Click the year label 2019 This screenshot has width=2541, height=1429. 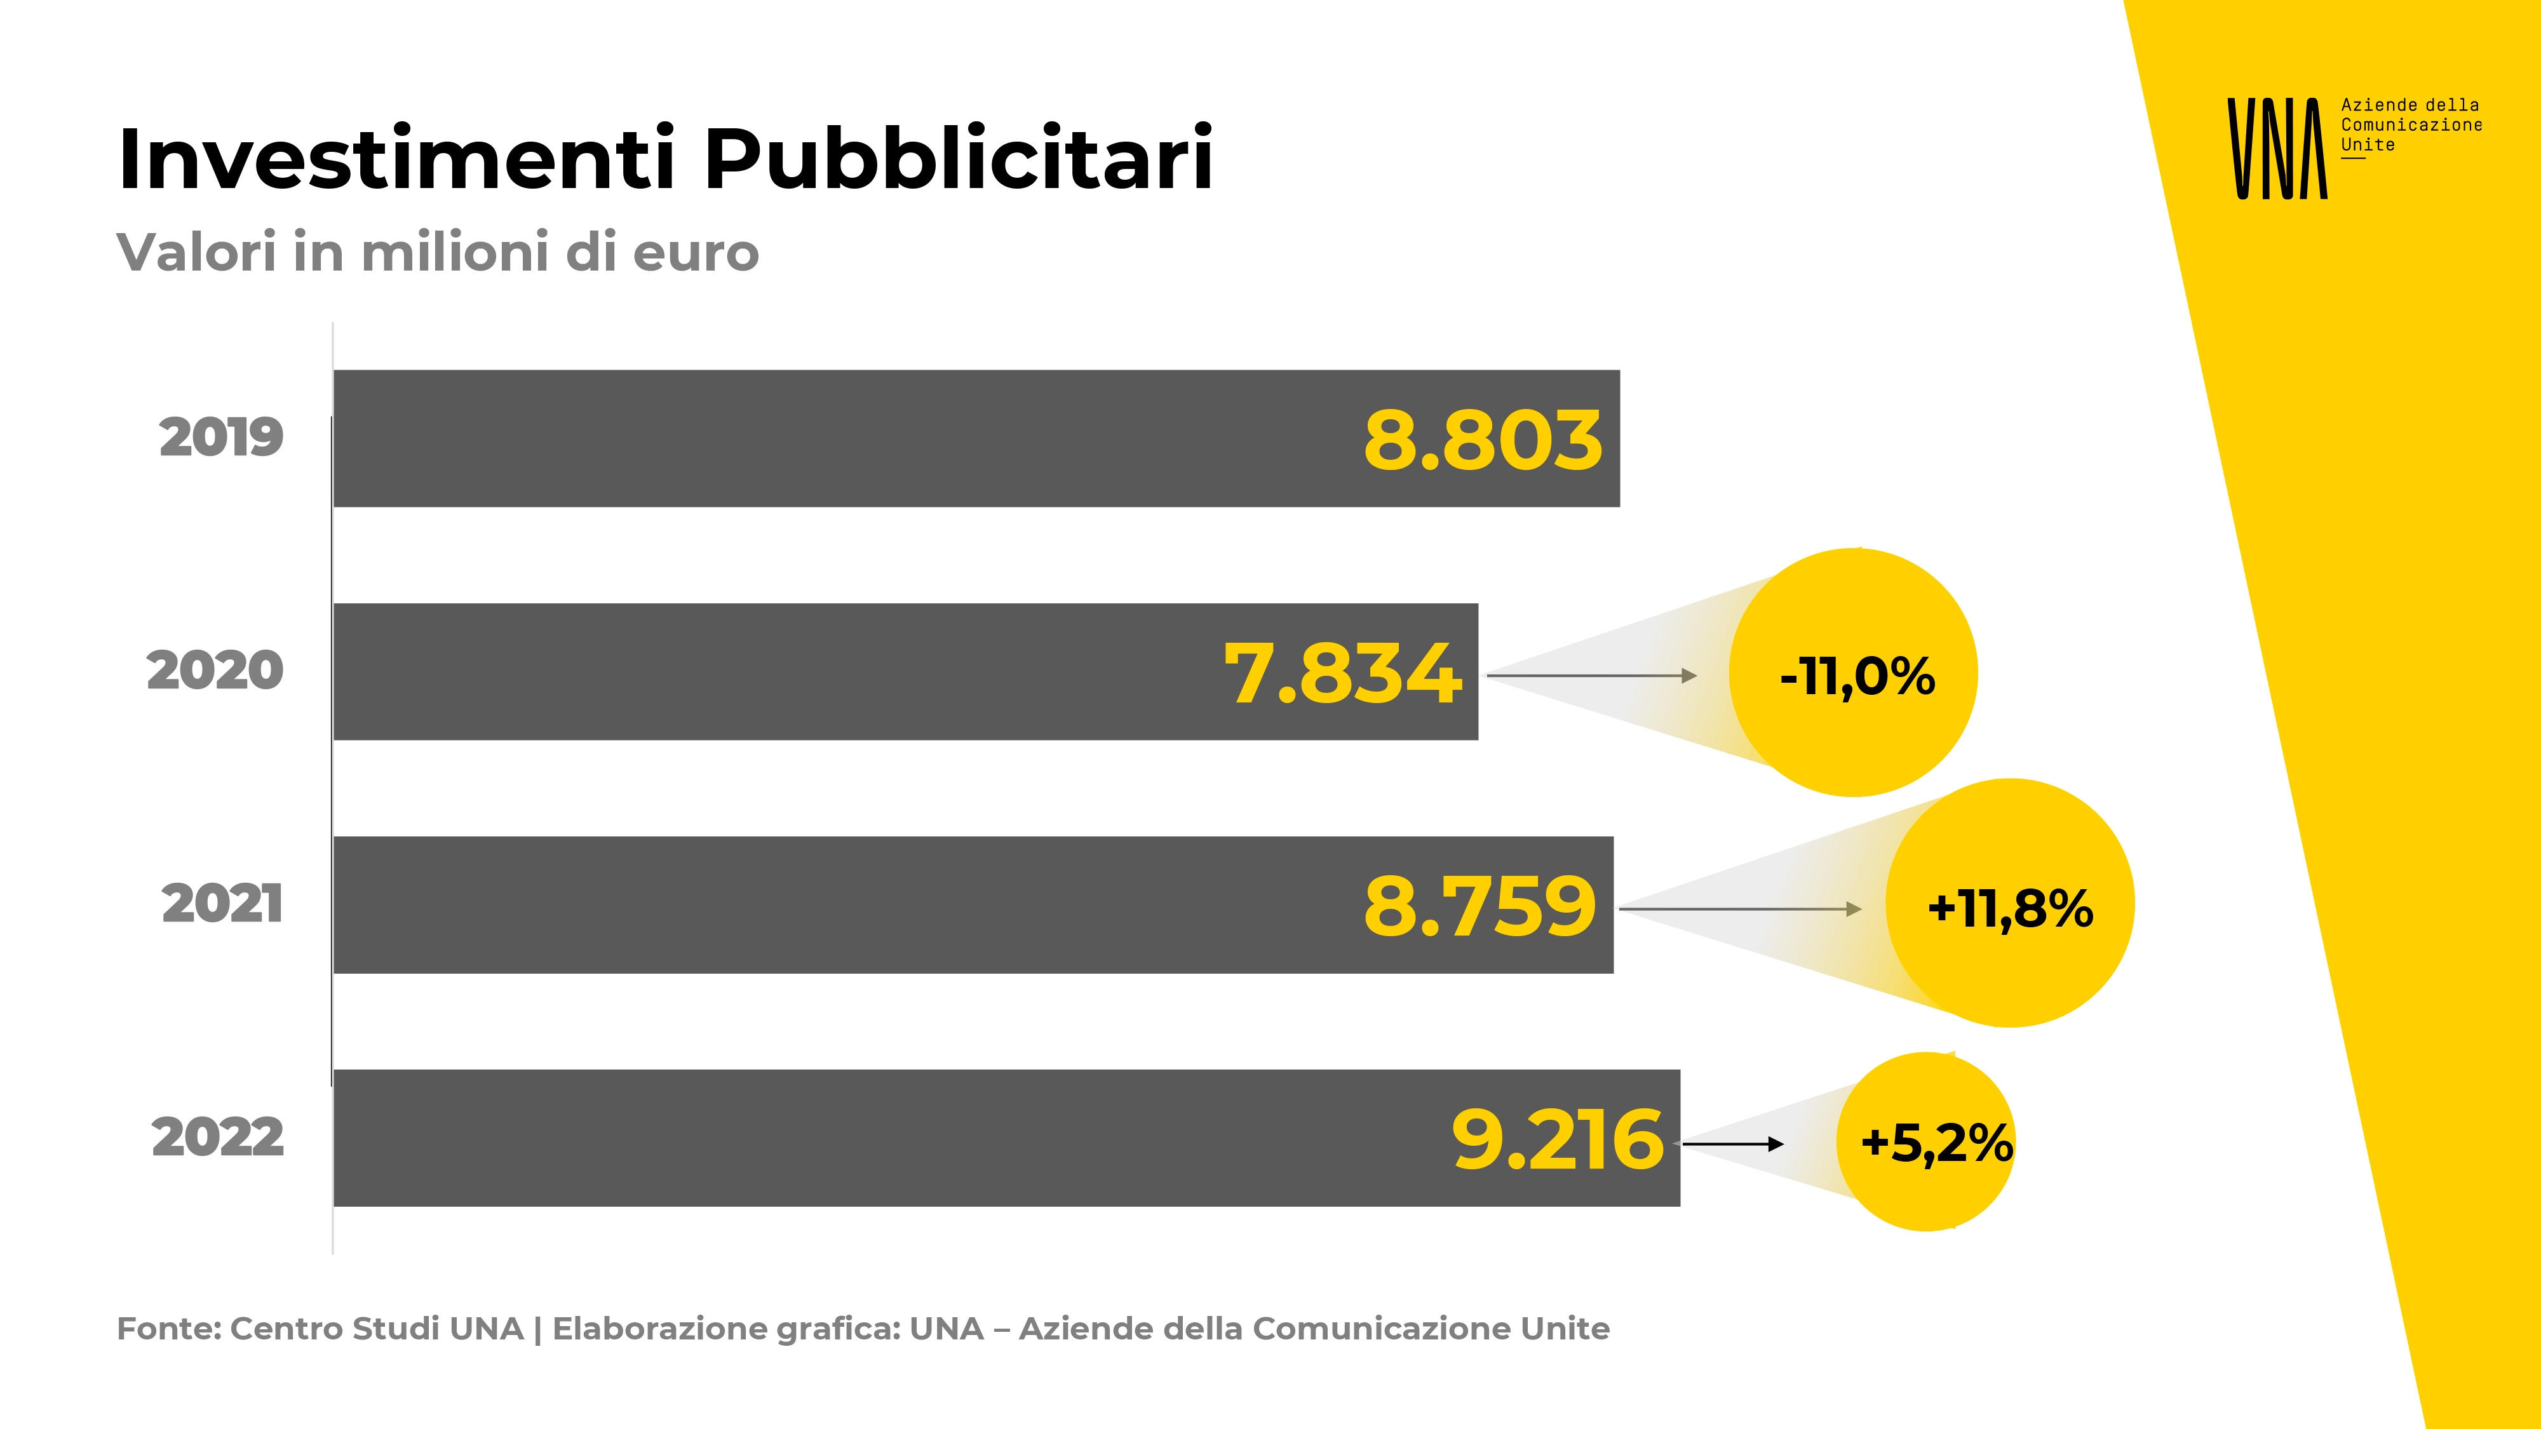click(221, 438)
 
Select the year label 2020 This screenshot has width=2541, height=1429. click(215, 671)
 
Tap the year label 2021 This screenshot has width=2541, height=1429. click(222, 904)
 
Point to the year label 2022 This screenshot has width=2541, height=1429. click(218, 1138)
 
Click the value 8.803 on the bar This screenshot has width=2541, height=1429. click(1483, 440)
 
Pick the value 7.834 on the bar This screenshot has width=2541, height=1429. click(1342, 674)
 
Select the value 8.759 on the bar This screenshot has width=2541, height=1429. click(1479, 906)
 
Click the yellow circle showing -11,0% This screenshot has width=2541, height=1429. click(1854, 673)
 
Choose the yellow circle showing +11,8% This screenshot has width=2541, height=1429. click(2009, 903)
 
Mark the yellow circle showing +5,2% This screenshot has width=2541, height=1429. click(1927, 1142)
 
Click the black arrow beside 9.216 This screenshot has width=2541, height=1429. click(1733, 1144)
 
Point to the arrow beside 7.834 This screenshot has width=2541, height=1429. click(1592, 676)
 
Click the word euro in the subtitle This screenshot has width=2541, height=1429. click(696, 253)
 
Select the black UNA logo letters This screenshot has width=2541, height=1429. click(2277, 149)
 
